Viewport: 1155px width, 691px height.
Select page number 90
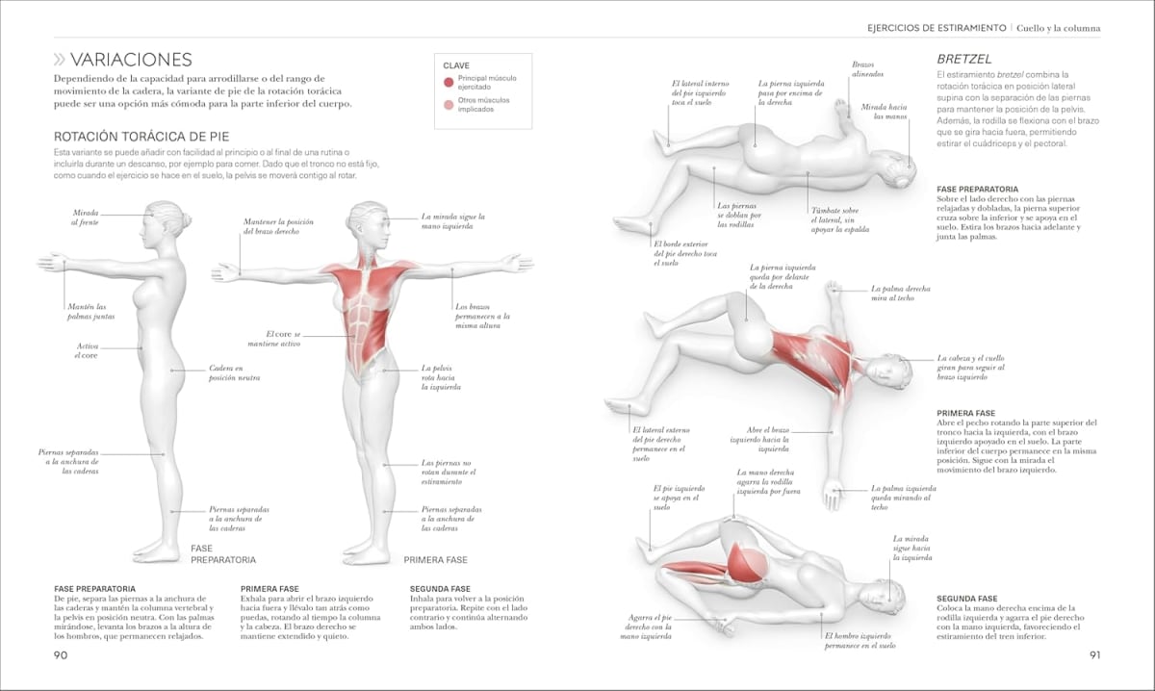click(60, 655)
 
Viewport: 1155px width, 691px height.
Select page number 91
click(1094, 655)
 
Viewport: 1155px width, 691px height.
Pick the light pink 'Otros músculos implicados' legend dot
click(449, 104)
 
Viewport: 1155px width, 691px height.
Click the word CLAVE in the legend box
click(456, 65)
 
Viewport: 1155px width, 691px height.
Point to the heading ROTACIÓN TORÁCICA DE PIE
click(141, 137)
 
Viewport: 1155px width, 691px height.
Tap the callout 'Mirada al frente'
click(85, 218)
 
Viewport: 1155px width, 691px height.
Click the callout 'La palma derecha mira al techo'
click(901, 293)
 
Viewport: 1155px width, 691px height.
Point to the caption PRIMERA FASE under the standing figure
click(435, 559)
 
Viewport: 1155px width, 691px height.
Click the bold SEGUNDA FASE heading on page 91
click(966, 599)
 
